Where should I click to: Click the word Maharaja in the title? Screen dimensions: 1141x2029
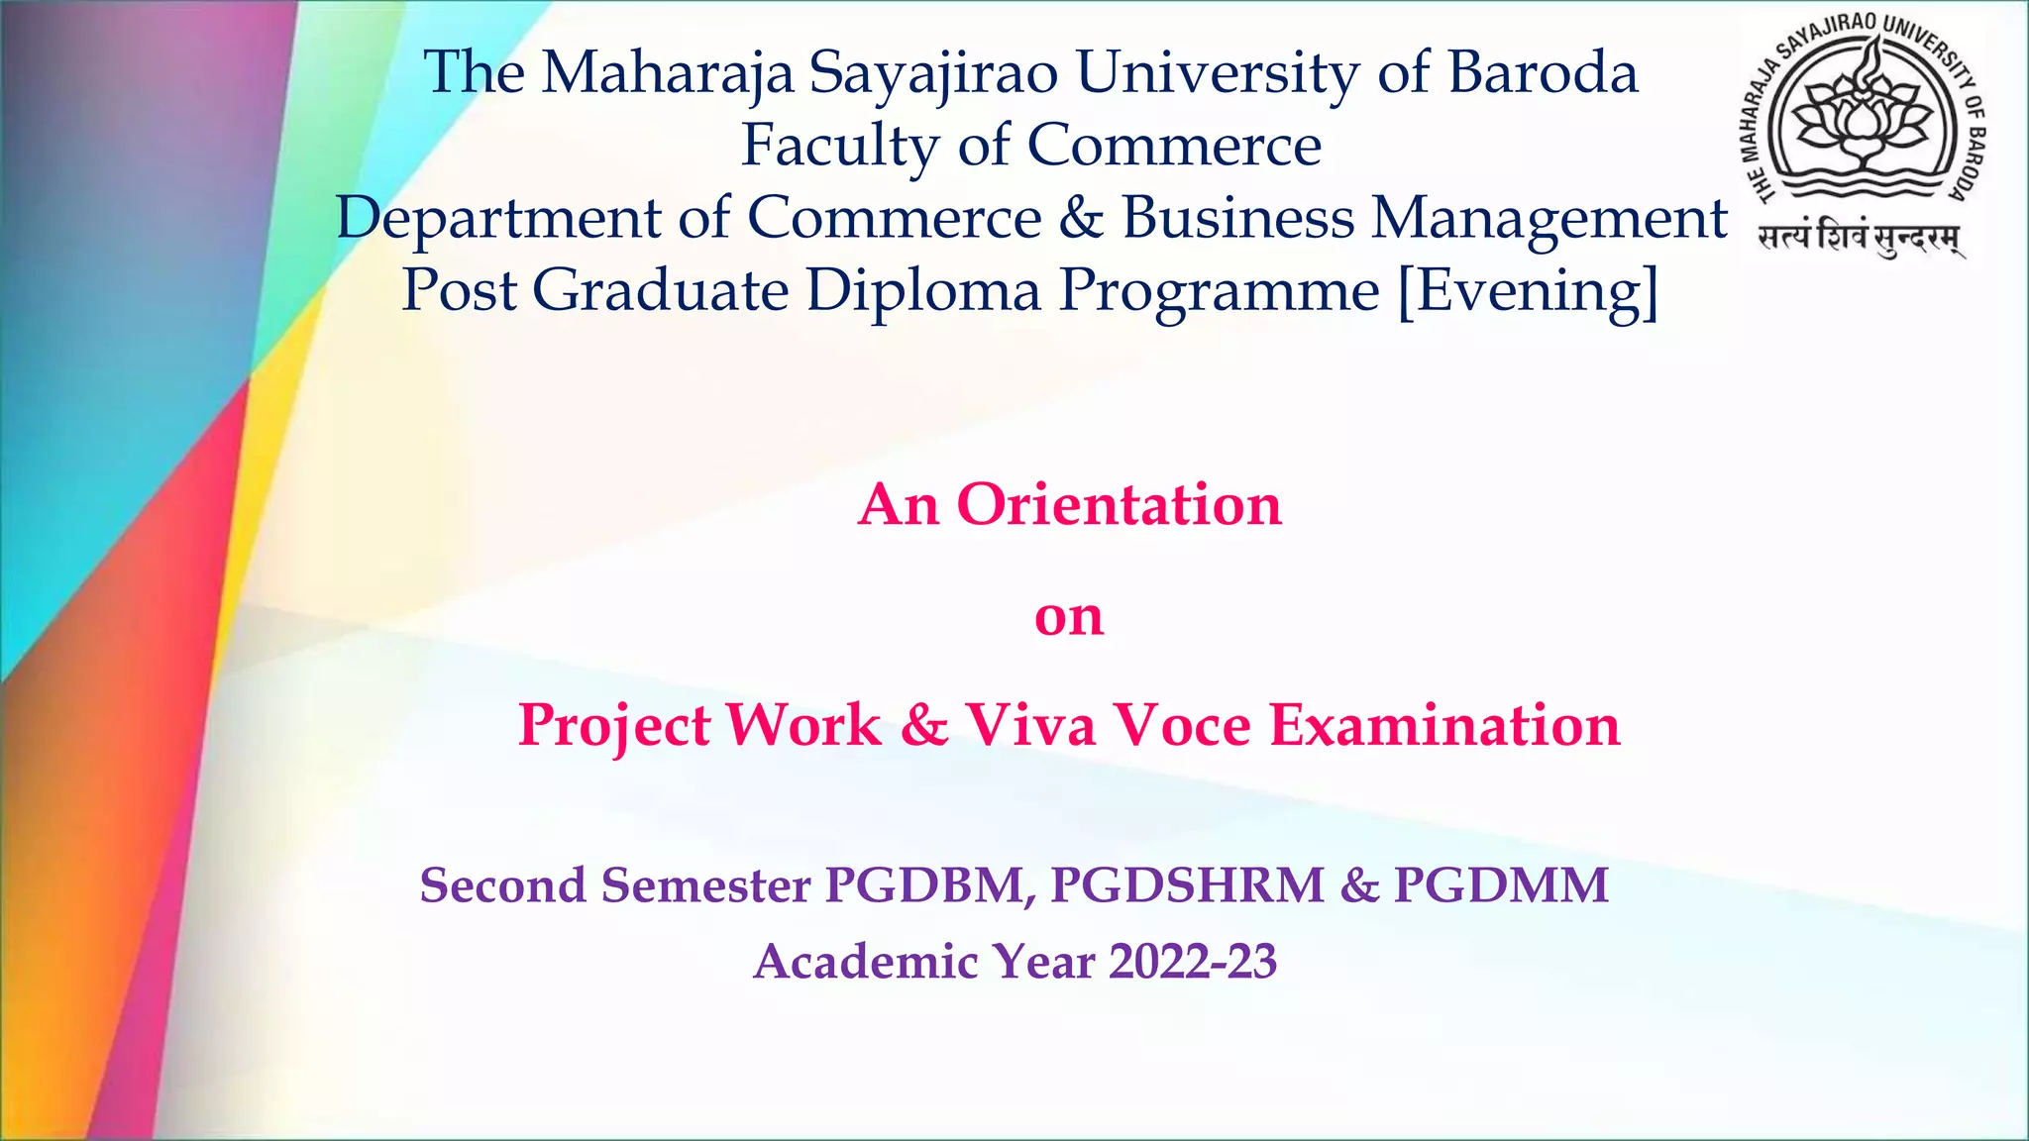pyautogui.click(x=667, y=74)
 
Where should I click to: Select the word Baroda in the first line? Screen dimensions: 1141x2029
pyautogui.click(x=1543, y=74)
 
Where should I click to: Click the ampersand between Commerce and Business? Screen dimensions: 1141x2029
pyautogui.click(x=1080, y=218)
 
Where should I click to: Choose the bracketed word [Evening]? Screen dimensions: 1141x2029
pyautogui.click(x=1527, y=291)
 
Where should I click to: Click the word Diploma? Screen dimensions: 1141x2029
pyautogui.click(x=923, y=291)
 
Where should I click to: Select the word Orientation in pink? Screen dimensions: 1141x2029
pyautogui.click(x=1119, y=505)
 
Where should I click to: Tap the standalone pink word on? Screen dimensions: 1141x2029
pyautogui.click(x=1068, y=616)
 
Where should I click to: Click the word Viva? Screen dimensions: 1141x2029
pyautogui.click(x=1030, y=725)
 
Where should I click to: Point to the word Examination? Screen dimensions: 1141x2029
pyautogui.click(x=1444, y=725)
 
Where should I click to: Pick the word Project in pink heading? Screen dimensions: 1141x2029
pyautogui.click(x=614, y=727)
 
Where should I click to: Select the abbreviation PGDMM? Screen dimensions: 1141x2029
pyautogui.click(x=1500, y=885)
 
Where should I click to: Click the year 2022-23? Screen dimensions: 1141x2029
pyautogui.click(x=1193, y=962)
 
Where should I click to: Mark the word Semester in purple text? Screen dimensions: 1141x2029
pyautogui.click(x=705, y=885)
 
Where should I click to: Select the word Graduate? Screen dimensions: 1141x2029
pyautogui.click(x=660, y=291)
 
